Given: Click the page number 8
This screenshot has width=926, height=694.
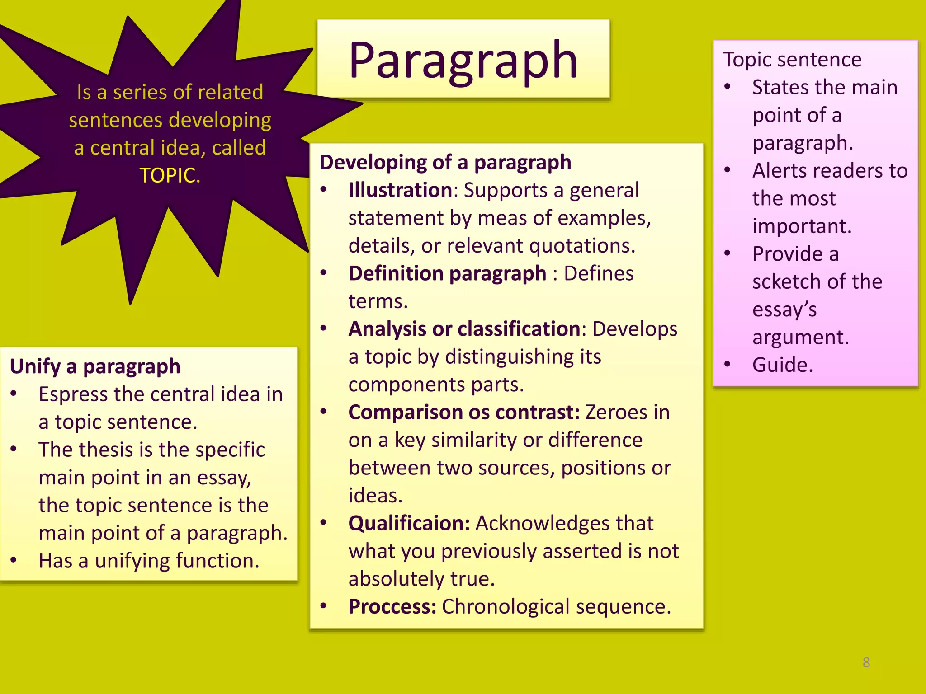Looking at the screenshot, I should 866,662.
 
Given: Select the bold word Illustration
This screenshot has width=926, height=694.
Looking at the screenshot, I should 401,190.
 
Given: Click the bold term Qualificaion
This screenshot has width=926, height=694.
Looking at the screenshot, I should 409,524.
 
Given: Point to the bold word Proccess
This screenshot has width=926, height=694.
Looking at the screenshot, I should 392,607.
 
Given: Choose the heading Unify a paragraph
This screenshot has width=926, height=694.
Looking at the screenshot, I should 95,366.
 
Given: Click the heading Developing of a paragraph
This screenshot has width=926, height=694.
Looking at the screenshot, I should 445,163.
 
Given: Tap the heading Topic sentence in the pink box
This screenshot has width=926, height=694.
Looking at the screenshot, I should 792,60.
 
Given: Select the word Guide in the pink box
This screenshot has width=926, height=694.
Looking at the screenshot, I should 782,365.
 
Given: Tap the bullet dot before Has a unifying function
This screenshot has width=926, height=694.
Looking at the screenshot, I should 14,560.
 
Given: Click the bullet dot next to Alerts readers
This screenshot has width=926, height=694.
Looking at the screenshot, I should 727,170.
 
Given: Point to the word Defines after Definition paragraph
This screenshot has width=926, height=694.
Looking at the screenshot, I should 599,274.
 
